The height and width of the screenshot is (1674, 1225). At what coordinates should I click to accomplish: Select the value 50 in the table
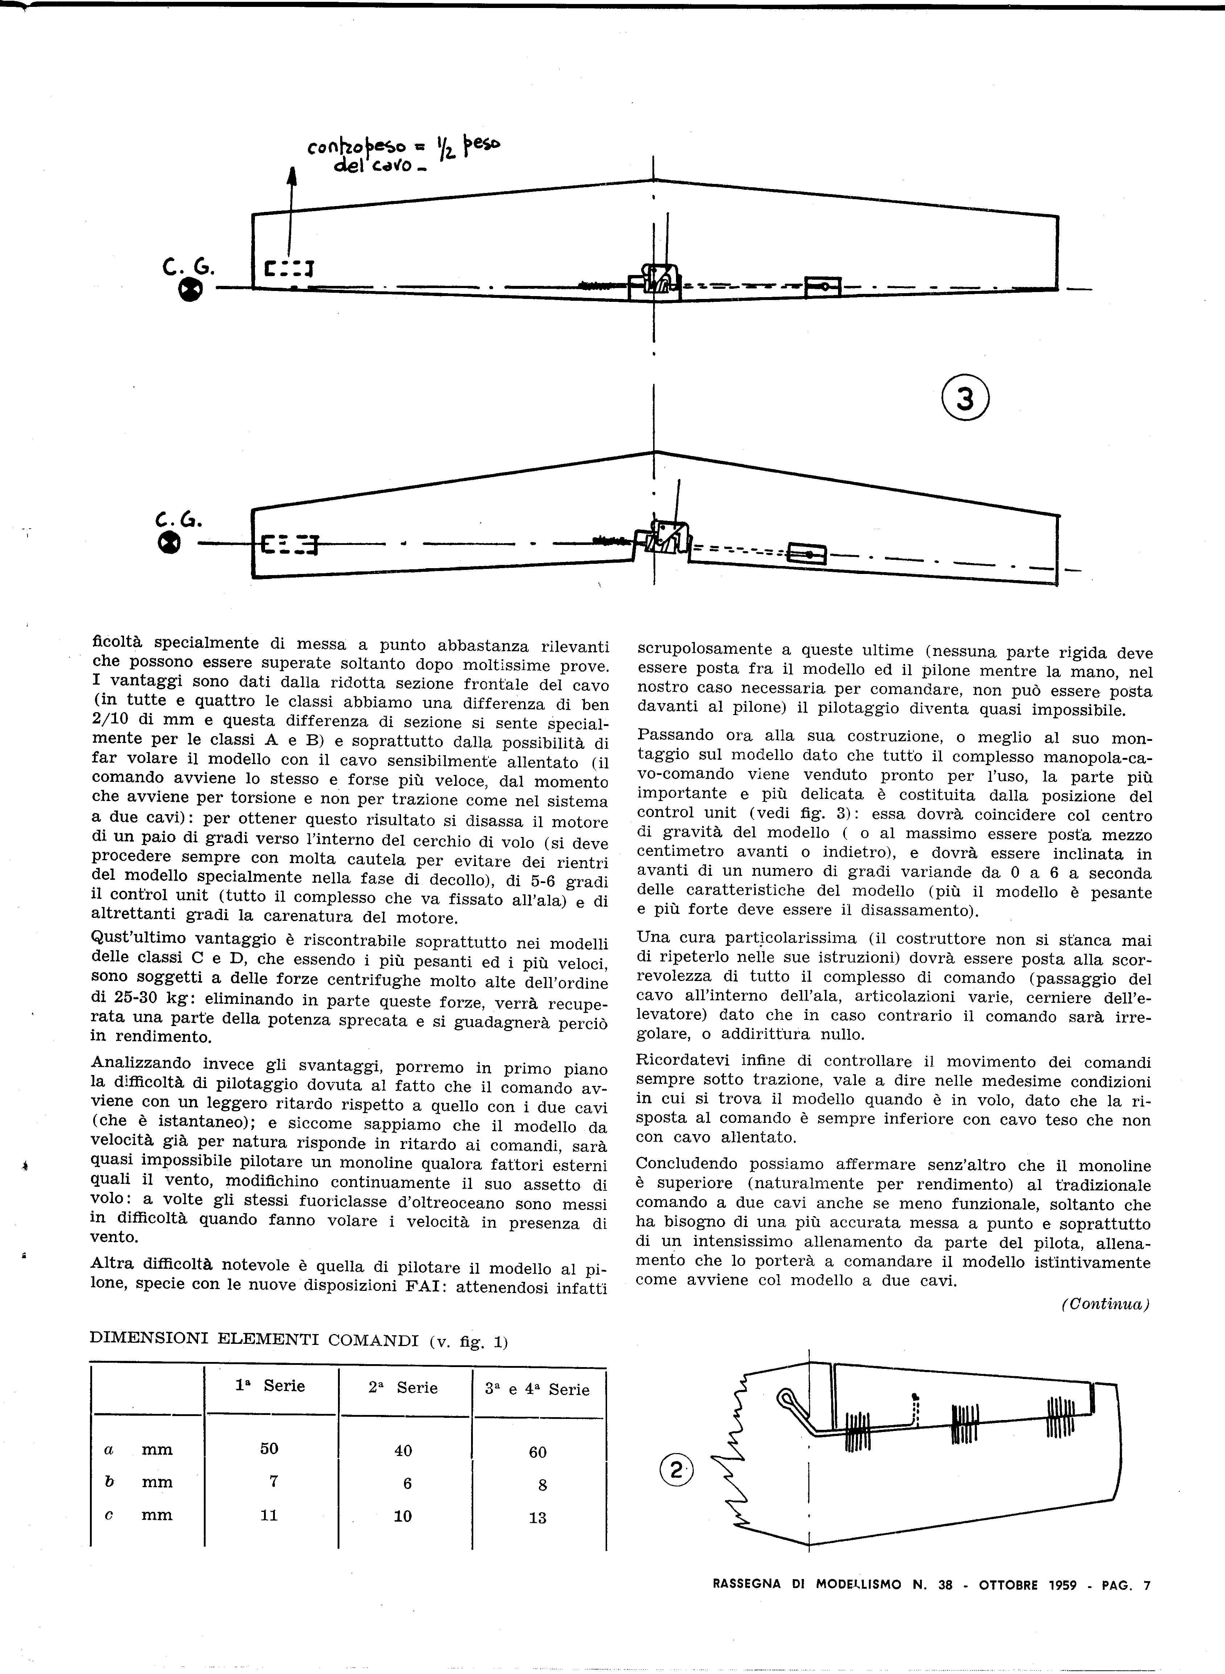[269, 1449]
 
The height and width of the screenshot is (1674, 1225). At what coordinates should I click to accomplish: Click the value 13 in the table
[537, 1518]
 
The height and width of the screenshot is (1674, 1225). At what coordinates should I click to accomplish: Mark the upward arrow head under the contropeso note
[292, 177]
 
